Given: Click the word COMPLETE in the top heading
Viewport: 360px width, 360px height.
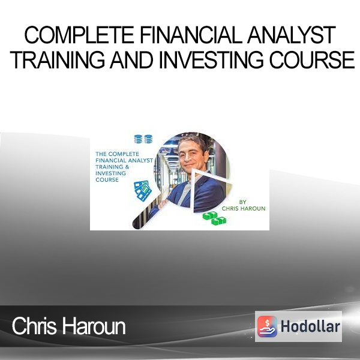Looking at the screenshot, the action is coord(79,35).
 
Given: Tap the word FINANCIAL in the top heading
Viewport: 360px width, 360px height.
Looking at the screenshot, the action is coord(191,35).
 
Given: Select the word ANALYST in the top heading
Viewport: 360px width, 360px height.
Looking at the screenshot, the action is coord(292,35).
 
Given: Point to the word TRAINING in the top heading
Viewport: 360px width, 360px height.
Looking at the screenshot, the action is coord(57,59).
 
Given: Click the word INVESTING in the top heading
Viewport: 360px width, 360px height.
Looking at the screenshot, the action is coord(211,59).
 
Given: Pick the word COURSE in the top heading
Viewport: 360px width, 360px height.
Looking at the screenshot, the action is coord(312,59).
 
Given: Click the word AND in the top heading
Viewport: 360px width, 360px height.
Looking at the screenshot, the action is coord(131,59).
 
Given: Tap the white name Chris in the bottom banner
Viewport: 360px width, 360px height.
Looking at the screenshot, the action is coord(34,326).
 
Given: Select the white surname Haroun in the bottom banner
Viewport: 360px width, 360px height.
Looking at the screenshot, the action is coord(94,326).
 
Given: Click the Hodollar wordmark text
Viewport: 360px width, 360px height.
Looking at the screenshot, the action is coord(310,326).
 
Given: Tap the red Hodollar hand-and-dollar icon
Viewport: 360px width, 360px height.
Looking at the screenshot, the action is coord(267,326).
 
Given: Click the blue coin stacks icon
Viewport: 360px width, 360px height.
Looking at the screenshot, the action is coord(143,139).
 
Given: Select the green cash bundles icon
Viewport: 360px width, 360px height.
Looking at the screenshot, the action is coord(214,218).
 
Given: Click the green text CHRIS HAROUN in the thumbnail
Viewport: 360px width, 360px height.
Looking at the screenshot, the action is coord(244,208).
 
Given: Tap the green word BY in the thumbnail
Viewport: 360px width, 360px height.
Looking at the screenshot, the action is coord(242,202).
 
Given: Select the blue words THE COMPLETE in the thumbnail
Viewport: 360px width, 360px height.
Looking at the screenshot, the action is coord(117,154).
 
